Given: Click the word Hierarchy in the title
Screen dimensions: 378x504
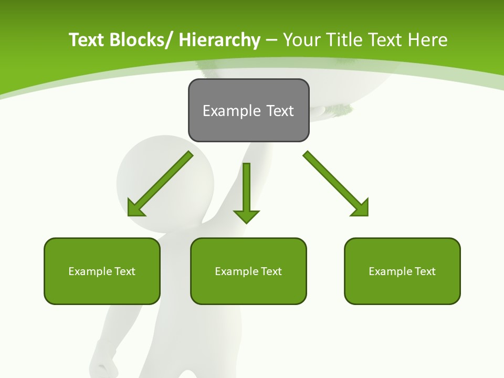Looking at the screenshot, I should pyautogui.click(x=219, y=40).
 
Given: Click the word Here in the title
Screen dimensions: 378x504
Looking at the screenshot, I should pyautogui.click(x=428, y=40).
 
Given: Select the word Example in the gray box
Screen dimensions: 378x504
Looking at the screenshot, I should pyautogui.click(x=231, y=111).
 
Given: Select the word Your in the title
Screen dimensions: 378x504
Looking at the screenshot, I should pyautogui.click(x=303, y=40).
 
